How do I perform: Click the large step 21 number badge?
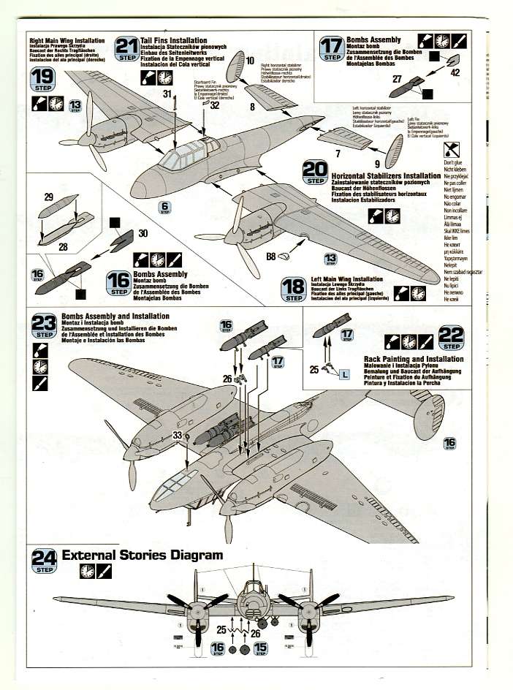pos(126,49)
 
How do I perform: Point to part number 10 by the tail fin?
pos(248,61)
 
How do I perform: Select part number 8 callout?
pos(251,106)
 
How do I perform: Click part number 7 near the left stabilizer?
pos(338,154)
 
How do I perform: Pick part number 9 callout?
pos(378,164)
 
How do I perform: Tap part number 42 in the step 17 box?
pos(455,72)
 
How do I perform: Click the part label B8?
pos(270,257)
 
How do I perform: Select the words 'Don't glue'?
pos(453,162)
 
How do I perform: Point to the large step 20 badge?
pos(315,172)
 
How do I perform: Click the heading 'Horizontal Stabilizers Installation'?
pos(386,176)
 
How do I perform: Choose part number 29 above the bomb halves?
pos(49,197)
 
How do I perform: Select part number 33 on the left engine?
pos(177,435)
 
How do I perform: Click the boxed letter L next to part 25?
pos(344,374)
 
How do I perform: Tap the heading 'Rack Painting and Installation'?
pos(413,359)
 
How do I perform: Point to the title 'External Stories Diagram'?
pos(142,555)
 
